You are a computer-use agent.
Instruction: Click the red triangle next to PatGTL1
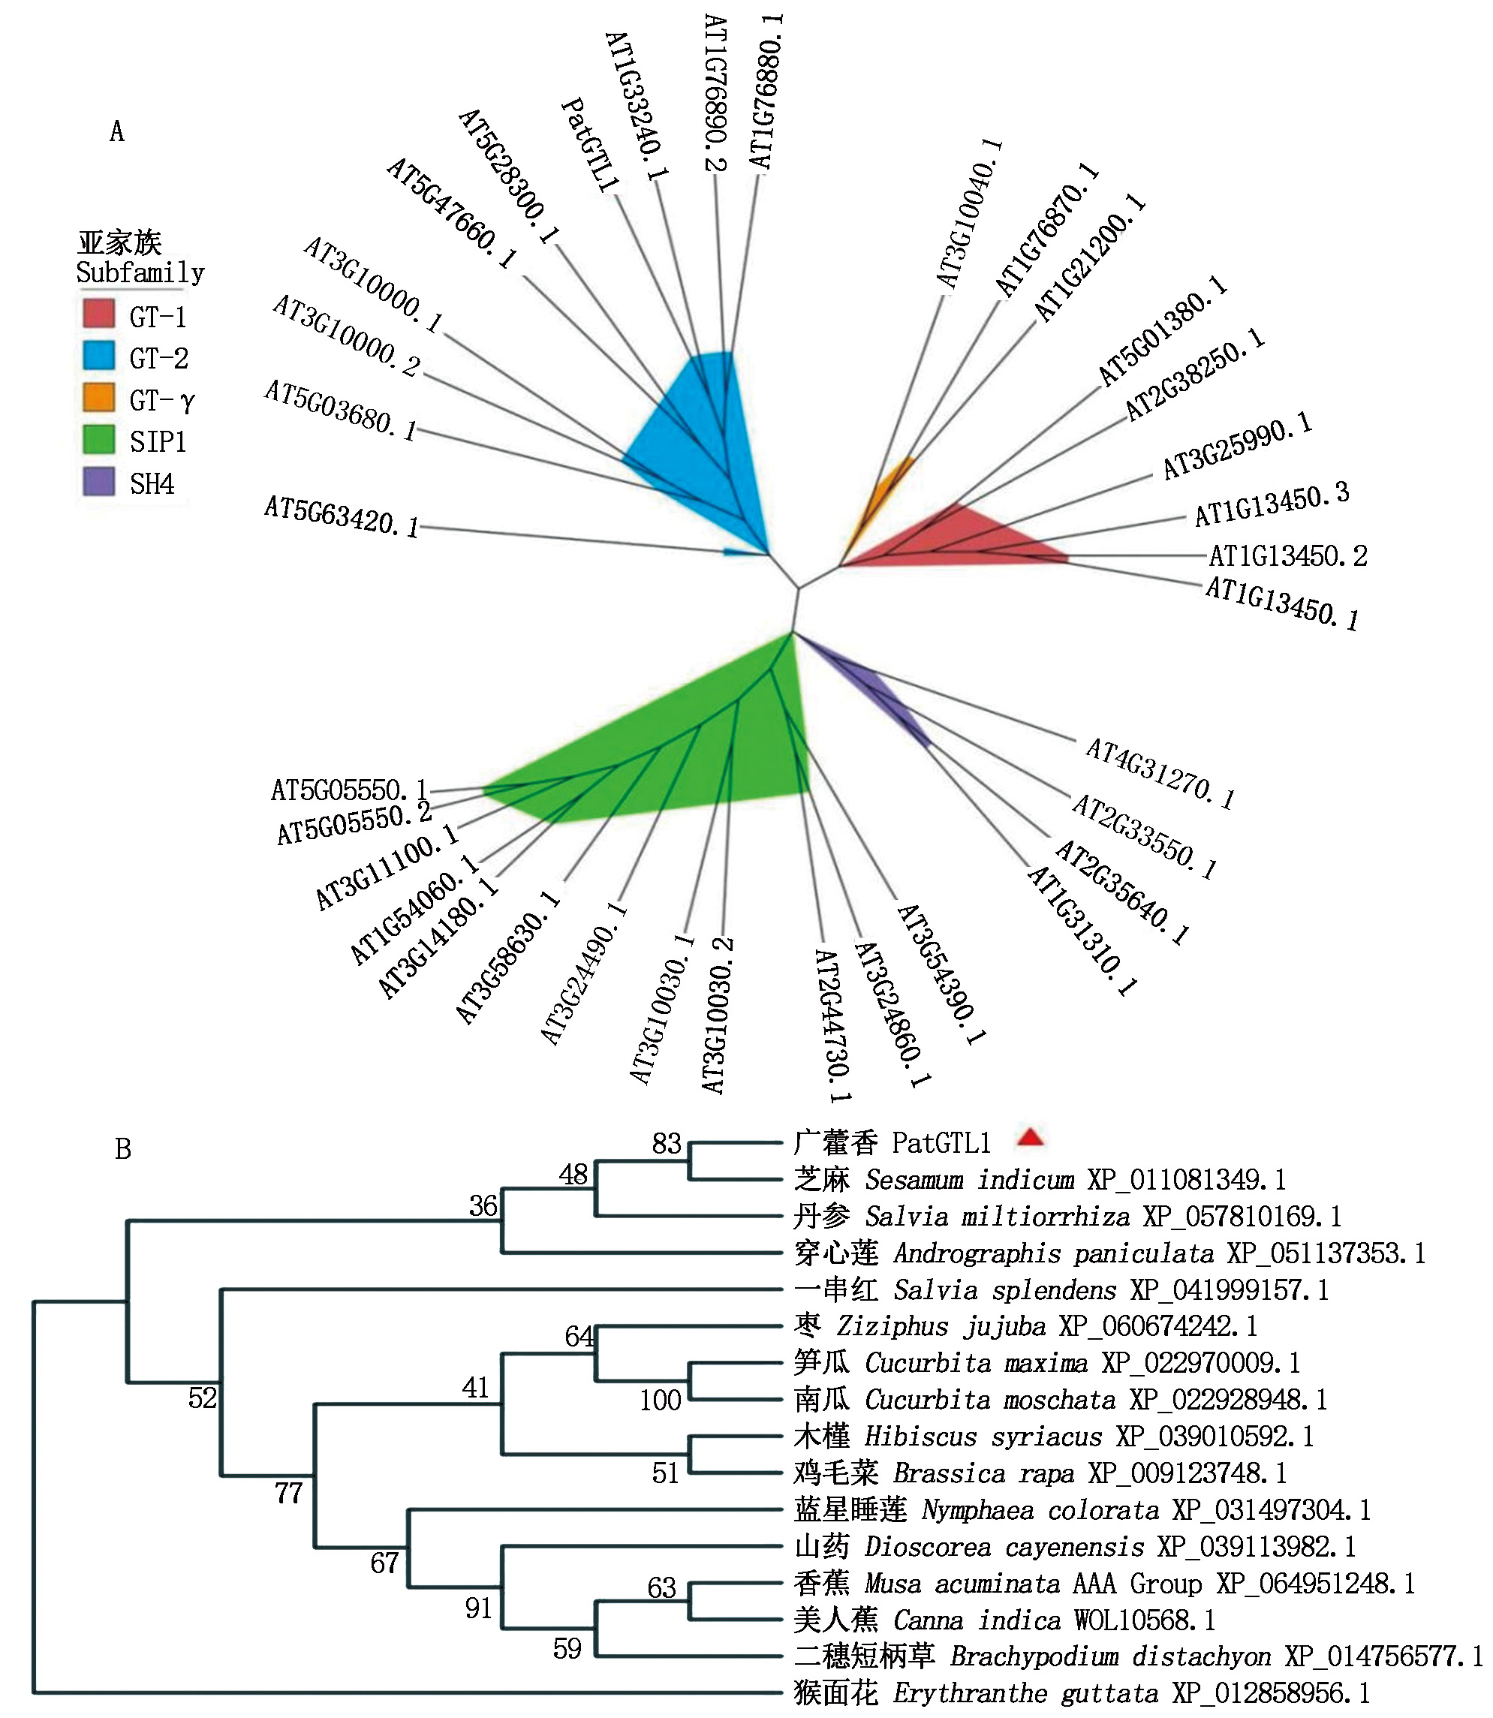(x=1031, y=1137)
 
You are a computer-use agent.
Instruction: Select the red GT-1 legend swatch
(x=98, y=313)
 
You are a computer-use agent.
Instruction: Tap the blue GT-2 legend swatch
(x=98, y=355)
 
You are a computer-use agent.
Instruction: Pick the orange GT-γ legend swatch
(x=98, y=398)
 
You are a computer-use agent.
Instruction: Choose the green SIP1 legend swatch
(x=98, y=439)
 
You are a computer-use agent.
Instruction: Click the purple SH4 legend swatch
(x=98, y=482)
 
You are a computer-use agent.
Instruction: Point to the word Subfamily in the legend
(x=140, y=272)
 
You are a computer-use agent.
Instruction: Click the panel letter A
(x=116, y=131)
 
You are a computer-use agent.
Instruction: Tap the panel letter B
(x=122, y=1149)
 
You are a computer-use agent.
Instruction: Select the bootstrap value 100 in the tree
(x=660, y=1401)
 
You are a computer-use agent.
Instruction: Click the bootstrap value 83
(x=667, y=1144)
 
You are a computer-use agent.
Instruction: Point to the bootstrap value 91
(x=478, y=1608)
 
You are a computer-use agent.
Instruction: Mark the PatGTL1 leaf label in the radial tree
(x=590, y=146)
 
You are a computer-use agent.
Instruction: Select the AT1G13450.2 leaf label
(x=1288, y=555)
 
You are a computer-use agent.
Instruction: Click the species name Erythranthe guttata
(x=1025, y=1693)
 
